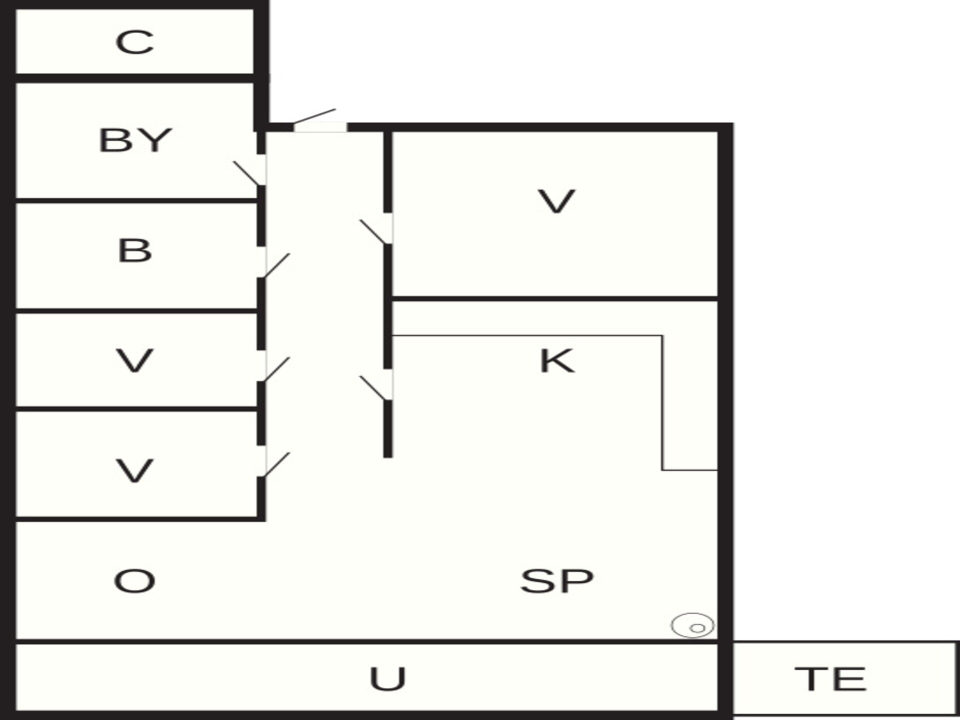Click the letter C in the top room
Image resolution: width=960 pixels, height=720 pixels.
[x=134, y=42]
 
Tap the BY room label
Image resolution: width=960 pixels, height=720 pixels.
[x=135, y=140]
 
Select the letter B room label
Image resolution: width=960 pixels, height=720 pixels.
[x=134, y=250]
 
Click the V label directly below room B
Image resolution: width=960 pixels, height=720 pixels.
[x=134, y=360]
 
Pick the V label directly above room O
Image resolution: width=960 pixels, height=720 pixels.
[x=134, y=470]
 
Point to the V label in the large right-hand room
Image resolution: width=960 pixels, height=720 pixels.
[x=556, y=201]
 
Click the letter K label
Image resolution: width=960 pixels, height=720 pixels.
[x=557, y=360]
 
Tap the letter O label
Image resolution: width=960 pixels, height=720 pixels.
[x=134, y=581]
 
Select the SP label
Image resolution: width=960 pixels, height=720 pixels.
[x=556, y=581]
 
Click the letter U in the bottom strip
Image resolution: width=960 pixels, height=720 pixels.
[x=387, y=678]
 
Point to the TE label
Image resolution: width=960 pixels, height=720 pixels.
[x=830, y=678]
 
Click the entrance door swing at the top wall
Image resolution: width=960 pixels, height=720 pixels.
[x=314, y=116]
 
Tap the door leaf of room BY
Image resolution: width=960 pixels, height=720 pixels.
[x=247, y=173]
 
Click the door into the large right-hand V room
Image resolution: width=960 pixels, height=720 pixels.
[x=373, y=232]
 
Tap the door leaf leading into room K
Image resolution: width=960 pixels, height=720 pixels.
[x=373, y=388]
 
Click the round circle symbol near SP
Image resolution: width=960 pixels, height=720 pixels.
[x=692, y=625]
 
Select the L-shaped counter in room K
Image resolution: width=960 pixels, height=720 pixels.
[x=662, y=400]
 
